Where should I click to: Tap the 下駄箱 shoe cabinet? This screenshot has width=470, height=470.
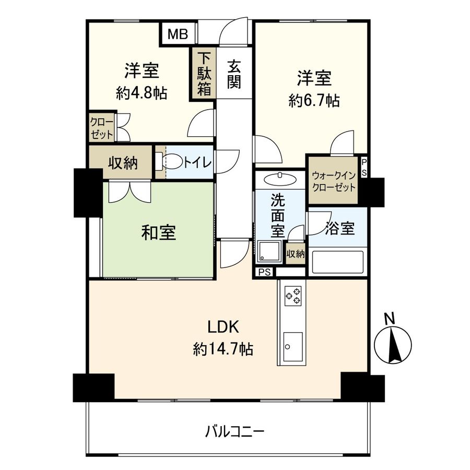click(x=204, y=73)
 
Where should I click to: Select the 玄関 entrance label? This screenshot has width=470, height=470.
click(x=233, y=74)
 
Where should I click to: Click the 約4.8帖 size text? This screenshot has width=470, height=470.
click(x=142, y=93)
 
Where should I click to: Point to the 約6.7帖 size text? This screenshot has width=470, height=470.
click(x=314, y=100)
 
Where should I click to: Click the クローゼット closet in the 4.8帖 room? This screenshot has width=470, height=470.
click(x=101, y=127)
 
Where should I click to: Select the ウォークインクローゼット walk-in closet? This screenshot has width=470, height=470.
click(x=333, y=181)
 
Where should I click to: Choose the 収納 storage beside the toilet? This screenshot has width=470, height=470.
click(x=123, y=163)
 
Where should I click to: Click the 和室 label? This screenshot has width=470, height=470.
click(x=158, y=232)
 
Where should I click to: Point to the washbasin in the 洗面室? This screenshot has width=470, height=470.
click(x=280, y=179)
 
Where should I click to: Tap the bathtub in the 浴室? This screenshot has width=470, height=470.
click(x=337, y=262)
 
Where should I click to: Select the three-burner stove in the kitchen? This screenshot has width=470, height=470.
click(x=292, y=296)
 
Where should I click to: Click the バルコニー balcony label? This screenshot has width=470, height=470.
click(x=234, y=431)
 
